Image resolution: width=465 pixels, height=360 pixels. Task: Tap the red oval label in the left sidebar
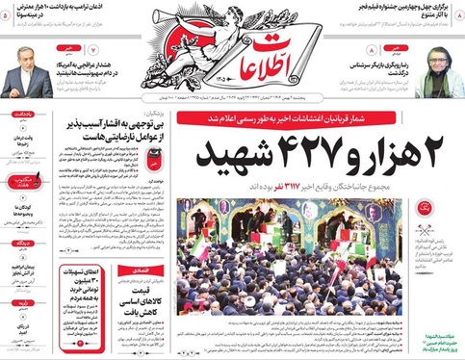(20, 180)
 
